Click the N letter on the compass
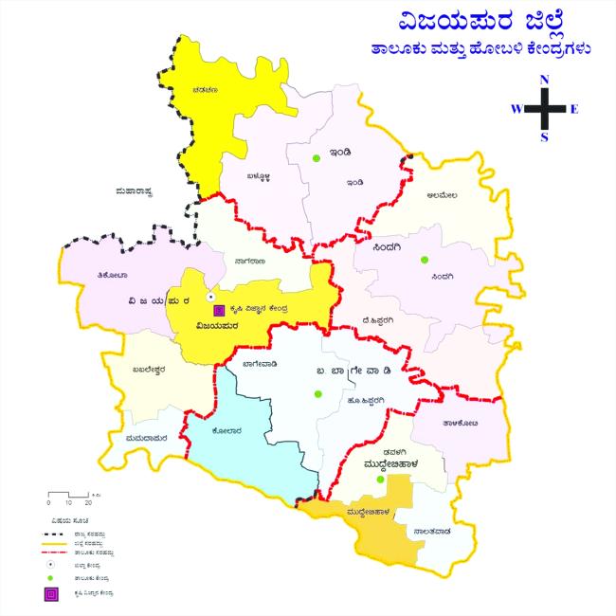click(x=544, y=80)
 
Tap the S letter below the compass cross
click(x=544, y=137)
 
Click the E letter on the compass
click(x=574, y=109)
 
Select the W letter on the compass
click(x=516, y=109)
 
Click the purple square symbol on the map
click(x=218, y=309)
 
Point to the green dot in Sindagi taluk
click(x=425, y=260)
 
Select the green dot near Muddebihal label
click(x=379, y=480)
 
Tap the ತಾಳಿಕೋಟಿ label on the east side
click(x=459, y=424)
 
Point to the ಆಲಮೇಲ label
click(x=443, y=196)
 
